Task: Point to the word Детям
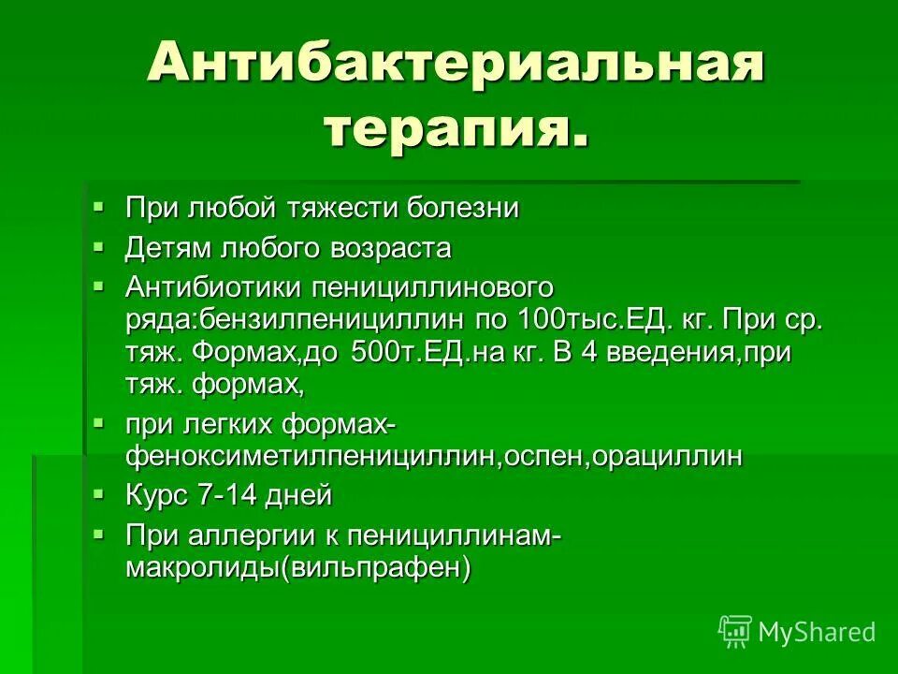[169, 248]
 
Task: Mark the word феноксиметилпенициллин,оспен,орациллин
[435, 457]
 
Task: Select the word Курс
[156, 495]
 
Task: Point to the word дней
[301, 495]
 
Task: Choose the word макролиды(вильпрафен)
[298, 568]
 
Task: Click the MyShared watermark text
[817, 633]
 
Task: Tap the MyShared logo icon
[735, 632]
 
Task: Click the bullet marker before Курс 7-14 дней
[100, 491]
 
